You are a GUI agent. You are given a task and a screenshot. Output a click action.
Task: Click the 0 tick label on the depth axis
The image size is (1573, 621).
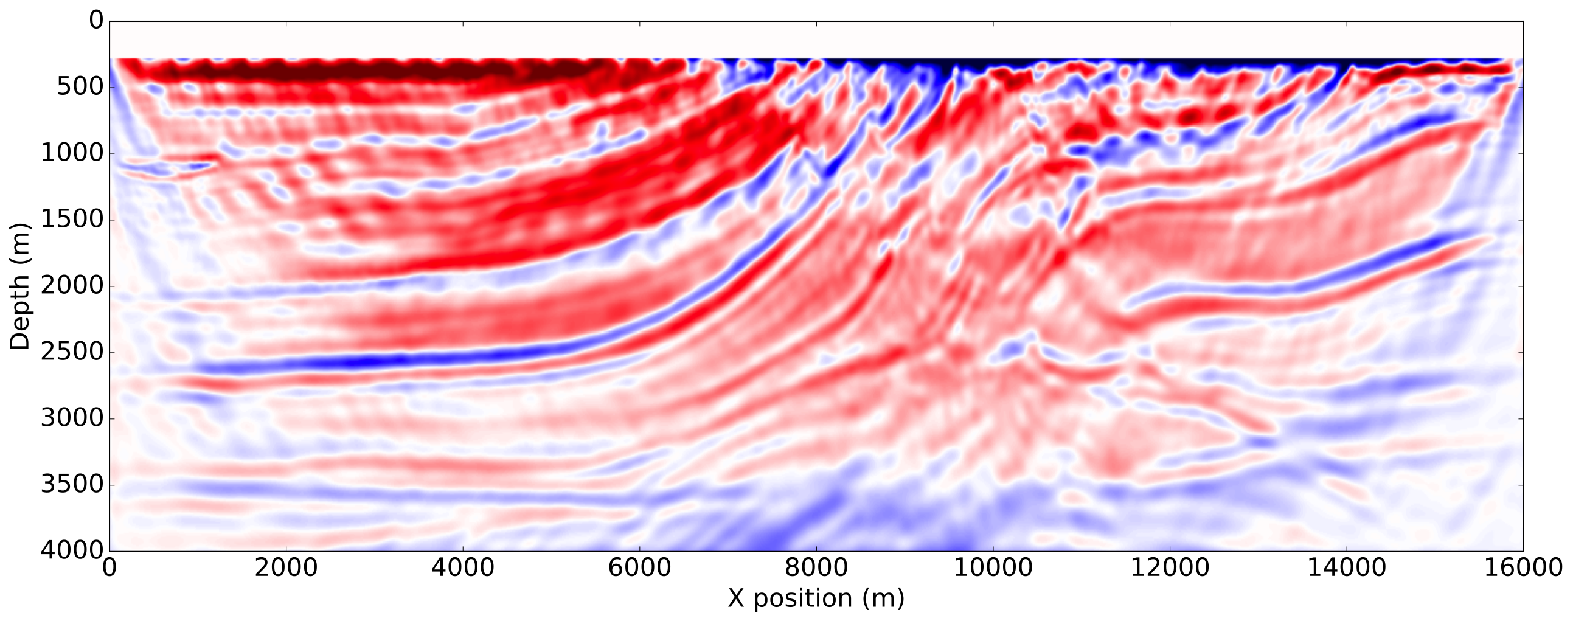[96, 21]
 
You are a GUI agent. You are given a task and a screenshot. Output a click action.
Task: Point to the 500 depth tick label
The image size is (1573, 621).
[81, 88]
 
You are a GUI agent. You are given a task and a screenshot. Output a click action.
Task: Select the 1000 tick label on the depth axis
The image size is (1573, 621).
[72, 153]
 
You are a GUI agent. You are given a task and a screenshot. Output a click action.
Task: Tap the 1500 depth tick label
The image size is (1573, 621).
[72, 220]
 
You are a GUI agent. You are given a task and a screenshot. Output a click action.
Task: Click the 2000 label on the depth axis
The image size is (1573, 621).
[72, 286]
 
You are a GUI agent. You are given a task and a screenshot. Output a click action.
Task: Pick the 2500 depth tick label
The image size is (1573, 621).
[72, 352]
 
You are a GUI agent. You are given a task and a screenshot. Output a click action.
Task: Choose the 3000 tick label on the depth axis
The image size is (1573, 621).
[72, 418]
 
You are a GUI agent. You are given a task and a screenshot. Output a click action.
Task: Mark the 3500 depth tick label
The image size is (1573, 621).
[72, 485]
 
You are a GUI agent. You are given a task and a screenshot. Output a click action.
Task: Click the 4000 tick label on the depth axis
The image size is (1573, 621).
[72, 551]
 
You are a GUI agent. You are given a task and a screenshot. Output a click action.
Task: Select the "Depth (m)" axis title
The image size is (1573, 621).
[20, 286]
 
